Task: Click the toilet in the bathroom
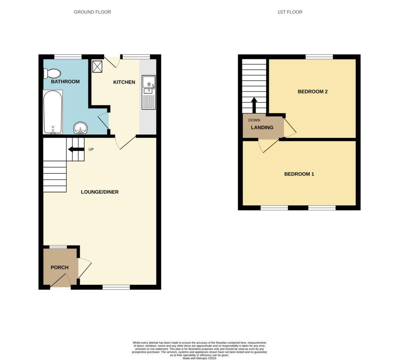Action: click(x=52, y=74)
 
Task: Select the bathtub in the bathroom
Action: click(x=53, y=112)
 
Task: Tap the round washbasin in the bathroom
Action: click(x=80, y=128)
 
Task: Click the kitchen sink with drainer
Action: click(x=148, y=92)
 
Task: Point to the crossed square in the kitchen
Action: click(x=97, y=66)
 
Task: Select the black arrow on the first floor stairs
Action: click(x=254, y=105)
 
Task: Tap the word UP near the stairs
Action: click(x=91, y=149)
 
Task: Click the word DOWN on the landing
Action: click(x=254, y=120)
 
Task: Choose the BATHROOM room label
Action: click(x=65, y=82)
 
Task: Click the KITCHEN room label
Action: click(x=124, y=82)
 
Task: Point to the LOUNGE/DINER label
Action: click(x=100, y=192)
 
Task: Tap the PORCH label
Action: click(x=60, y=267)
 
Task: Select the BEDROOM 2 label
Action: click(x=313, y=92)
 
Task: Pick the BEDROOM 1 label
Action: click(x=299, y=174)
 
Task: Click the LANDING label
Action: click(x=262, y=127)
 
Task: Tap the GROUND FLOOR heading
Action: click(x=92, y=12)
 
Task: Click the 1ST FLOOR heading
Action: click(x=290, y=12)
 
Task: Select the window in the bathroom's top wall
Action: click(x=68, y=57)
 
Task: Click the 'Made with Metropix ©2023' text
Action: click(x=199, y=358)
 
